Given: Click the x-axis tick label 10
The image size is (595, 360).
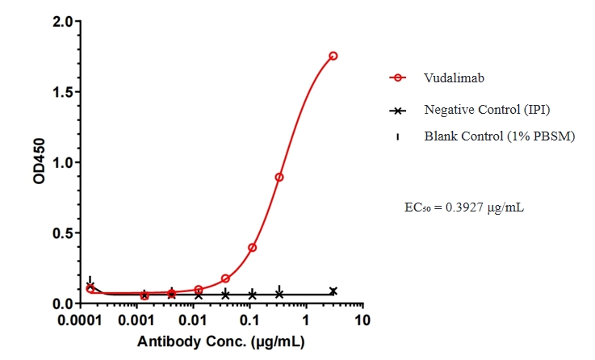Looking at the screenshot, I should pyautogui.click(x=362, y=320).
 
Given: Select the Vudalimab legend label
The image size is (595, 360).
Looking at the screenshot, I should pyautogui.click(x=444, y=77).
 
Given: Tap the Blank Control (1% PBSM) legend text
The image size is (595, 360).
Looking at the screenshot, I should pyautogui.click(x=499, y=136).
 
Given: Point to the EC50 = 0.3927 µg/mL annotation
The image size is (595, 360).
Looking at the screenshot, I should pyautogui.click(x=466, y=207).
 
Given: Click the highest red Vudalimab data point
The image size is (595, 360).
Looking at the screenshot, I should pyautogui.click(x=333, y=56).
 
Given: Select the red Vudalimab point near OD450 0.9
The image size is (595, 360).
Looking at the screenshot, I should pyautogui.click(x=279, y=177).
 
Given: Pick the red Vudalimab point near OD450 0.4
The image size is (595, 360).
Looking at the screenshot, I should pyautogui.click(x=252, y=247).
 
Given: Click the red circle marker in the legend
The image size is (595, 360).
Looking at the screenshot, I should pyautogui.click(x=396, y=77).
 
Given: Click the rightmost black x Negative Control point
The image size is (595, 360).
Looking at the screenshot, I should pyautogui.click(x=333, y=291).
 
